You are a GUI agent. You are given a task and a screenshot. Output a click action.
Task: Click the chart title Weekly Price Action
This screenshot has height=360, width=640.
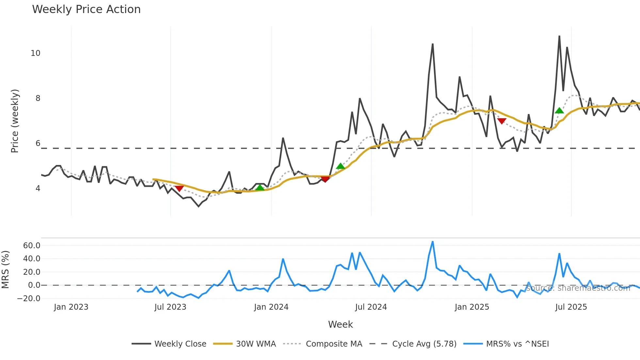click(x=86, y=9)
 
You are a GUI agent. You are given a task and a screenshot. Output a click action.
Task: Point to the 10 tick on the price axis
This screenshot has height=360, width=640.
click(x=36, y=53)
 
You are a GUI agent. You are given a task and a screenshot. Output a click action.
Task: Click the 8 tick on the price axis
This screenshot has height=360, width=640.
click(x=38, y=98)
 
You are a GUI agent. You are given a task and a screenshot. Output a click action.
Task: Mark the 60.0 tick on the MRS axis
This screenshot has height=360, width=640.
click(x=32, y=246)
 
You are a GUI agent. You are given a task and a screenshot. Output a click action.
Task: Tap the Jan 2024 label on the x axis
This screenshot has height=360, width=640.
click(x=271, y=307)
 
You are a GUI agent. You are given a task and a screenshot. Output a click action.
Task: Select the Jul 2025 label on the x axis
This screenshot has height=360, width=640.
click(x=571, y=307)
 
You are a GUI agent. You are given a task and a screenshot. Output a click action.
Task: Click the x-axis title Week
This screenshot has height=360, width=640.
click(x=340, y=324)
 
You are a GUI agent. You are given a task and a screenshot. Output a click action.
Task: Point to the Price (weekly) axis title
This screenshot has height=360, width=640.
click(x=15, y=121)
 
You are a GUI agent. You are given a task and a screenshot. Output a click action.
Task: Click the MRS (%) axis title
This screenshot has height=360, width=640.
click(x=5, y=270)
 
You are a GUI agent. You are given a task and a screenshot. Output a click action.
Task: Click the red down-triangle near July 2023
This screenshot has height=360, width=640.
click(x=179, y=188)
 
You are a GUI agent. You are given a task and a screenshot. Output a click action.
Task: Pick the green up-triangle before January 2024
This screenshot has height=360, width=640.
click(x=260, y=188)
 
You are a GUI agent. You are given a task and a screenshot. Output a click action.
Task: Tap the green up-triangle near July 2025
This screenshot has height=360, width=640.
click(x=559, y=111)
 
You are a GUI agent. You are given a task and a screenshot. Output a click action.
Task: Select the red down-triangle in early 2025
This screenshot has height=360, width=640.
click(x=502, y=121)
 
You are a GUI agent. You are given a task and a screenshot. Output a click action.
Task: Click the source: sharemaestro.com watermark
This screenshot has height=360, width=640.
click(x=578, y=288)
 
